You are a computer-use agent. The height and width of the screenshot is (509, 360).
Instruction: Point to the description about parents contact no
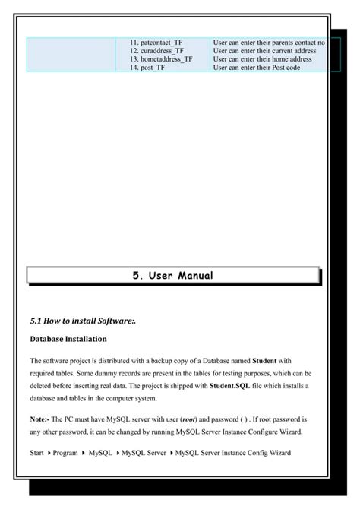270,43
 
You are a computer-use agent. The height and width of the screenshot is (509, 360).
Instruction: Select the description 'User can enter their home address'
263,59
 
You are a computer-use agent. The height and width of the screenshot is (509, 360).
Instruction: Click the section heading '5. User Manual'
172,275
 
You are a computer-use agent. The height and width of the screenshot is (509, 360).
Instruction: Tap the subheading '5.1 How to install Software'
82,321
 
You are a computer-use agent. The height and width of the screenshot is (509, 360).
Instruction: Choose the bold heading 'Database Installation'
68,338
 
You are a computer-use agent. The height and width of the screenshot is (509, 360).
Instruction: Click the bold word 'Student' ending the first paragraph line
264,360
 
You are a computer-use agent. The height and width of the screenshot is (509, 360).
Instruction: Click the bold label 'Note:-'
41,419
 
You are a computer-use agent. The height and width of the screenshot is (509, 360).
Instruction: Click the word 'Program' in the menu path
65,454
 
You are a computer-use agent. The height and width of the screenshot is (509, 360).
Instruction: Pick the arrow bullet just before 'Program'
49,454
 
